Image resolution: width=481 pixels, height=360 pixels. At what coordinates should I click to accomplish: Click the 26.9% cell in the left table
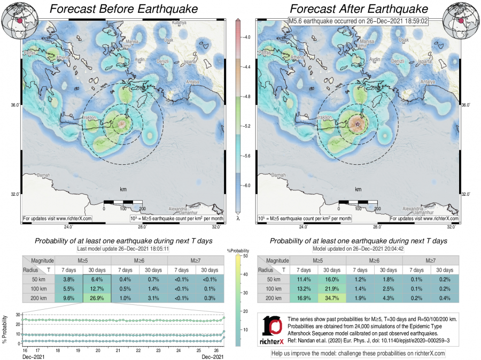[x=97, y=298]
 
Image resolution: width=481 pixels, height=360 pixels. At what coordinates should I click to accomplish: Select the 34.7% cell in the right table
[x=333, y=298]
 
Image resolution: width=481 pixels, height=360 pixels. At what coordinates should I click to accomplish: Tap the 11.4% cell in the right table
[x=304, y=279]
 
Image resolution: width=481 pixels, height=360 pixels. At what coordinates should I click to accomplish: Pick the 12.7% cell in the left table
[x=97, y=289]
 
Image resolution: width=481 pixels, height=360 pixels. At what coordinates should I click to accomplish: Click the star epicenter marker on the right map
[x=358, y=124]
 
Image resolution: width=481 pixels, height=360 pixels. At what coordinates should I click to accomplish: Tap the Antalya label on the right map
[x=427, y=82]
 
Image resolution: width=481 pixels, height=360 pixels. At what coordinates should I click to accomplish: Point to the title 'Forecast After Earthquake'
[x=359, y=9]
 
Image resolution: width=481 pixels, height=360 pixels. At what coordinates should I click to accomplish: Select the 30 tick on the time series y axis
[x=18, y=314]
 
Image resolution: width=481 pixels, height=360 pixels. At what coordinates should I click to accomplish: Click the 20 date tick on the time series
[x=98, y=350]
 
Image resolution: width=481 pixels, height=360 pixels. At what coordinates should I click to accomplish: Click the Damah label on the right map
[x=278, y=175]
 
